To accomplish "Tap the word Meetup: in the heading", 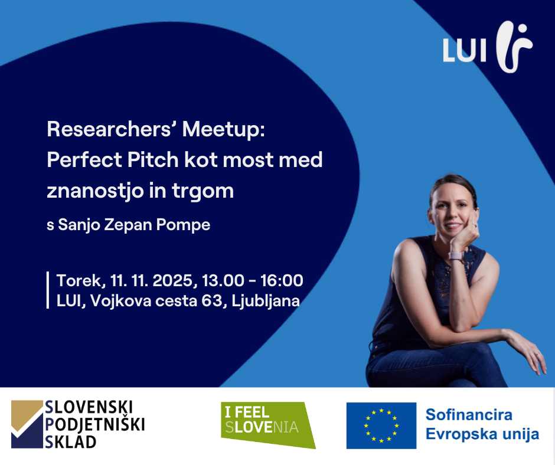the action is coord(223,130).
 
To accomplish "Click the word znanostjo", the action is coord(94,191).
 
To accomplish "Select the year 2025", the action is coord(172,281).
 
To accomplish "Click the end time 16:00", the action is coord(282,280).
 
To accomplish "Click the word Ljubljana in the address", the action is coord(266,302).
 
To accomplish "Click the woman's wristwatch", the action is coord(456,256).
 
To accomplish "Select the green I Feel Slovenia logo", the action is coord(268,425).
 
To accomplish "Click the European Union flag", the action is coord(381,425).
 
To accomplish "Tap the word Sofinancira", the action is coord(469,415).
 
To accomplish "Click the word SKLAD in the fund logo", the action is coord(70,442).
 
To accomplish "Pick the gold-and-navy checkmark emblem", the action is coord(27,424).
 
